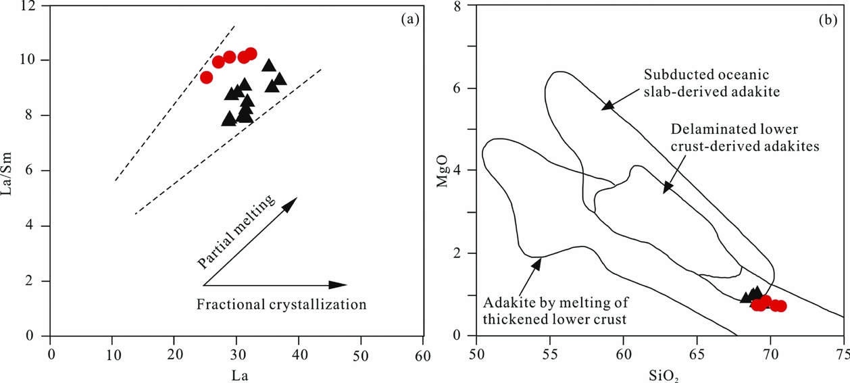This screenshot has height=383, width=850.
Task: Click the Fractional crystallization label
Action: click(282, 305)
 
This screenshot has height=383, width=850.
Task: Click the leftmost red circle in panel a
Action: click(207, 78)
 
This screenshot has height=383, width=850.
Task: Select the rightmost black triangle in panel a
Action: click(280, 79)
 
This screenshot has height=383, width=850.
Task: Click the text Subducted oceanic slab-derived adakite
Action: click(706, 81)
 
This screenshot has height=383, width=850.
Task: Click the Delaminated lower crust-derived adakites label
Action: click(744, 138)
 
